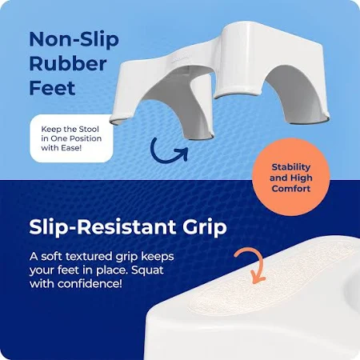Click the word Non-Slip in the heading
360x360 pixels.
74,39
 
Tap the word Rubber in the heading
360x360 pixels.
68,64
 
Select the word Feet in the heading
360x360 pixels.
52,88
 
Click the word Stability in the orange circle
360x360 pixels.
291,167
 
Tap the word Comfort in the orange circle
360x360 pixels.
291,189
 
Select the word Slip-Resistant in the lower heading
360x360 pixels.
102,227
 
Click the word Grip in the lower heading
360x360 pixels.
205,228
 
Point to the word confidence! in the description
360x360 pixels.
90,283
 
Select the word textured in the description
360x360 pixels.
89,257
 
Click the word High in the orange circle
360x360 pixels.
302,178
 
